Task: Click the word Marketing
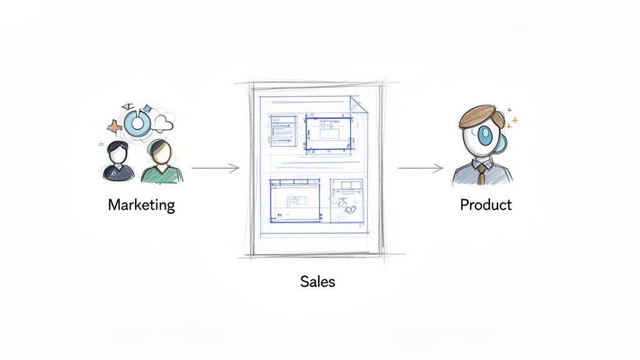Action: coord(141,204)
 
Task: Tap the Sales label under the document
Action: coord(317,281)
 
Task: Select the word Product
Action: coord(486,204)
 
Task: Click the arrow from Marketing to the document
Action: coord(215,167)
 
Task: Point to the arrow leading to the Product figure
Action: coord(420,167)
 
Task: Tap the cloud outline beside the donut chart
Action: coord(162,122)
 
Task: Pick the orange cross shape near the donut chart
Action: coord(113,127)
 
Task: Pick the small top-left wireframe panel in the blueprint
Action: coord(283,128)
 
